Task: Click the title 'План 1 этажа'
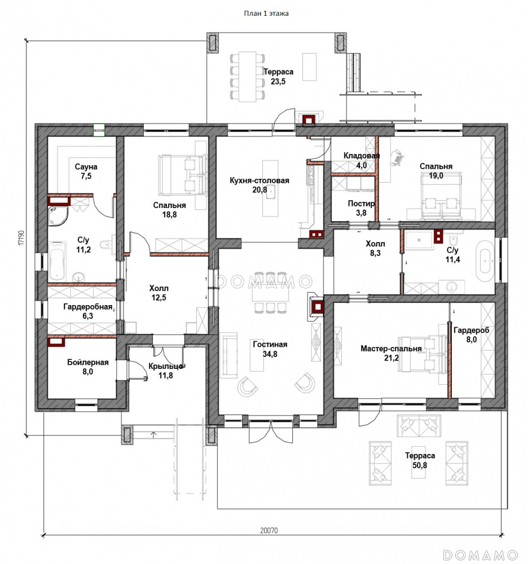click(266, 14)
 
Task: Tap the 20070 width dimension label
click(269, 531)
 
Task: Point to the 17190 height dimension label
click(21, 238)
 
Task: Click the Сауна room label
click(86, 167)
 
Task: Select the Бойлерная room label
click(88, 362)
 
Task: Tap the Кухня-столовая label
click(259, 180)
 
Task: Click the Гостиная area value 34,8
click(270, 354)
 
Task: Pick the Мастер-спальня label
click(391, 349)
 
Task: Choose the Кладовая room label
click(362, 156)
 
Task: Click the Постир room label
click(361, 204)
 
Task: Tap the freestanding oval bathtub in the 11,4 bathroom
click(485, 261)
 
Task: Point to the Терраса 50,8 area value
click(420, 465)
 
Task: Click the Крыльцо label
click(166, 366)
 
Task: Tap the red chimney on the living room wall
click(318, 307)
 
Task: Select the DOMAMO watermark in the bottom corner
click(480, 554)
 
